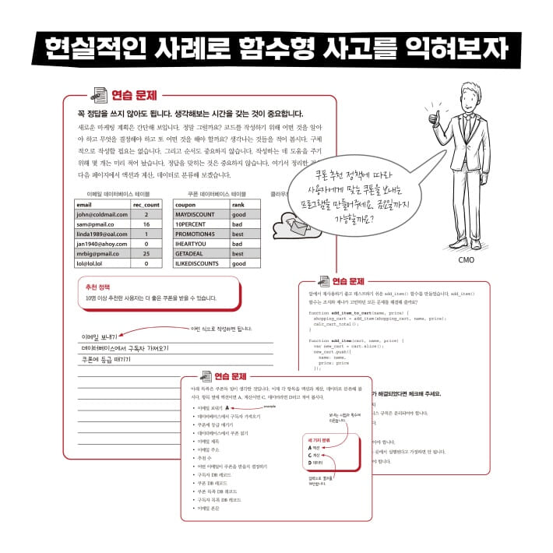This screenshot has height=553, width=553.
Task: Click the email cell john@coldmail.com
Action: (102, 214)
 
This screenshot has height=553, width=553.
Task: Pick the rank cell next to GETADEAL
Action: (238, 254)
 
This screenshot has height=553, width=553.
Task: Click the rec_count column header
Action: (146, 204)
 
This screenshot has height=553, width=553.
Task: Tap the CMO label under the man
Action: (466, 260)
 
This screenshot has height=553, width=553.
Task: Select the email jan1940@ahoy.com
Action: (100, 244)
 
